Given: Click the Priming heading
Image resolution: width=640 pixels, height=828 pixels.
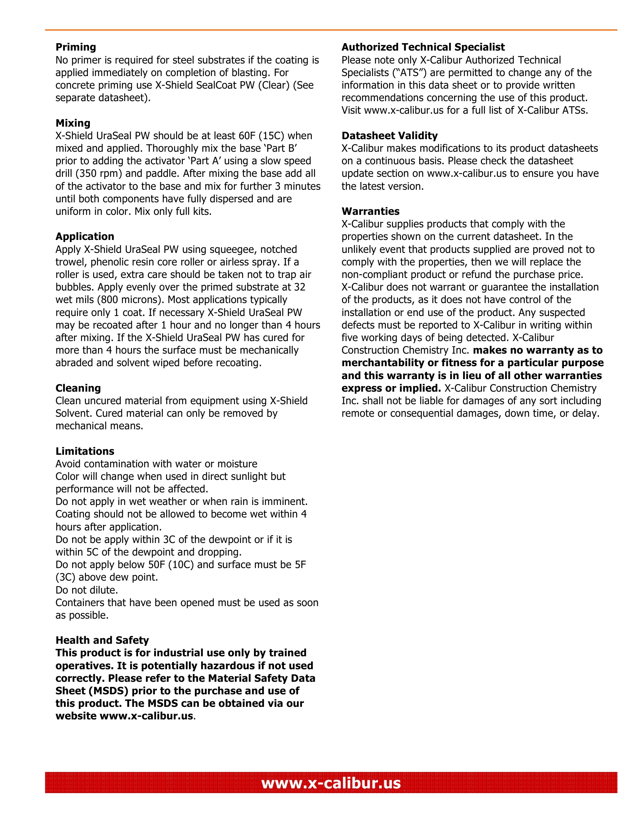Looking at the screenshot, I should click(76, 47).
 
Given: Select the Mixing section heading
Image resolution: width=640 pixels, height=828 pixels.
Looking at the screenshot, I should click(73, 123).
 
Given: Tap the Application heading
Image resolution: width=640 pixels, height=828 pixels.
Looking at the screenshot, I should click(85, 236).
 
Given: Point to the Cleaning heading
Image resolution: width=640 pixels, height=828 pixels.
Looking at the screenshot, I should click(78, 388).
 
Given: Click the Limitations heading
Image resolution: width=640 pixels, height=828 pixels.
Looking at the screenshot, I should click(85, 451).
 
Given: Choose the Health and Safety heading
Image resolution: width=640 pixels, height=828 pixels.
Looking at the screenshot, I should click(102, 640).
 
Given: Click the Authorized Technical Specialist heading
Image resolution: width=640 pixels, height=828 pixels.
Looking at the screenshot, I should click(423, 47).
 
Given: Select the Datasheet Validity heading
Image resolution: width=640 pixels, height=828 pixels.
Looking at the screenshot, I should click(389, 136).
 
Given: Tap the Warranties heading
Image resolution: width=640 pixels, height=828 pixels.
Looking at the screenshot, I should click(370, 211).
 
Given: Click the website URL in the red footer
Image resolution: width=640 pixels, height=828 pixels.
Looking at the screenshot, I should click(331, 783).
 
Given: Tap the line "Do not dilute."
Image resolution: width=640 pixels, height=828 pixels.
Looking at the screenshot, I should click(87, 590).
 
